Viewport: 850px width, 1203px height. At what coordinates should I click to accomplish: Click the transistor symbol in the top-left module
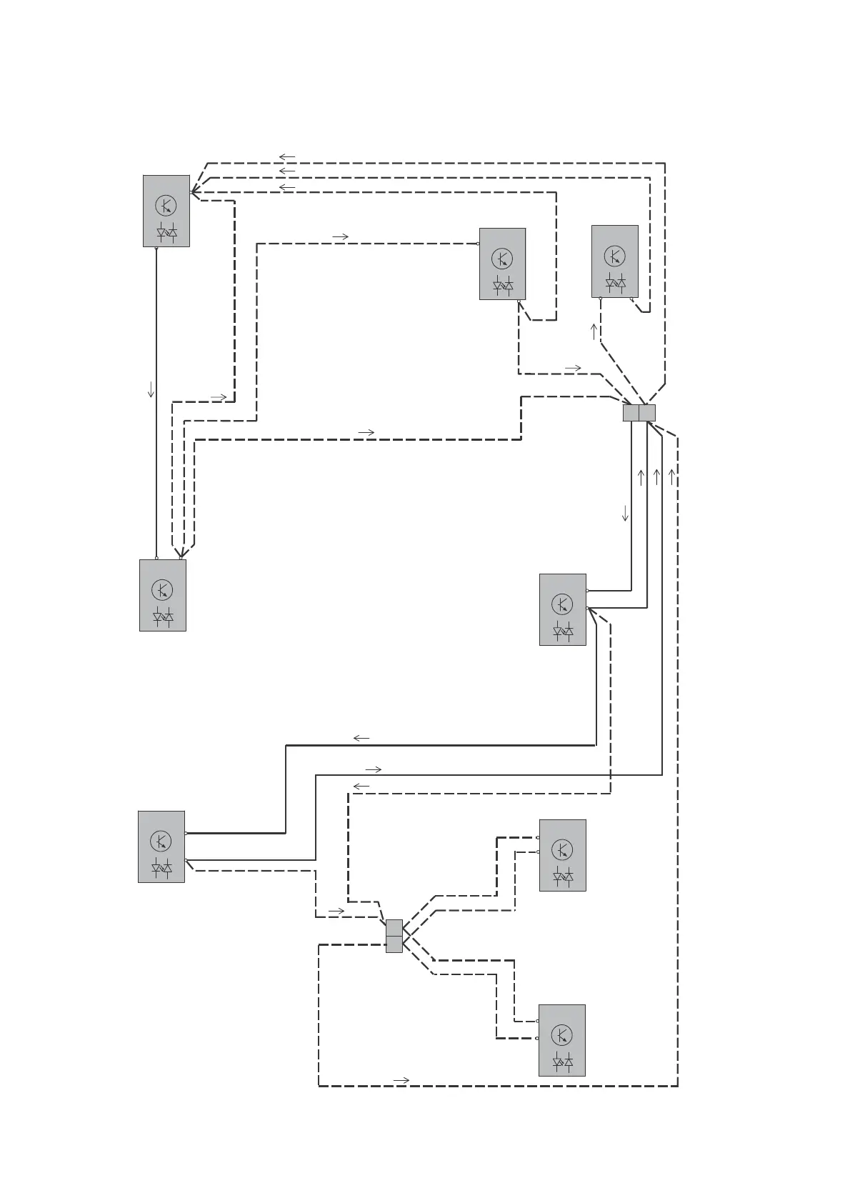166,206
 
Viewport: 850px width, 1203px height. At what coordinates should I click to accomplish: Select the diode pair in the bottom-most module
563,1062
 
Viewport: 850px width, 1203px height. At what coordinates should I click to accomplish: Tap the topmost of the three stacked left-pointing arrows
287,157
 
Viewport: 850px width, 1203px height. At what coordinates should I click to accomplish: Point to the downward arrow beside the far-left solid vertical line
151,389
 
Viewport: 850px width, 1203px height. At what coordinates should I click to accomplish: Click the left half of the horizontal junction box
631,413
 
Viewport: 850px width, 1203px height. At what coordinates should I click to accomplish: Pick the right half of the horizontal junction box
647,413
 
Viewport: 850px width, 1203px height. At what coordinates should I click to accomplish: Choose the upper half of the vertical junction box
394,928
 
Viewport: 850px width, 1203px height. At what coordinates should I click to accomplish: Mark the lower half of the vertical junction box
394,944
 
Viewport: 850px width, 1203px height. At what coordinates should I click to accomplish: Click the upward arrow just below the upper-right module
594,331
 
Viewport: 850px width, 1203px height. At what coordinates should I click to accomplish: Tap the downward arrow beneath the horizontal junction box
625,513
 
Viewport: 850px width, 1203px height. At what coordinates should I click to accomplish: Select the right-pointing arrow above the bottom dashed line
401,1080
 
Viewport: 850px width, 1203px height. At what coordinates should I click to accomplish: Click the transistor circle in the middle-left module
162,590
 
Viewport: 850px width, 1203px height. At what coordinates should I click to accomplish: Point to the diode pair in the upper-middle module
503,285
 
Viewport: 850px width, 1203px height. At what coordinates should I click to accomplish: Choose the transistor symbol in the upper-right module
614,256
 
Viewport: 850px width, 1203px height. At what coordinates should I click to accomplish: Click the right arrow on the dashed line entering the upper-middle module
341,236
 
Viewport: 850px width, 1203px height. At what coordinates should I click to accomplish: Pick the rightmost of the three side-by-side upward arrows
671,476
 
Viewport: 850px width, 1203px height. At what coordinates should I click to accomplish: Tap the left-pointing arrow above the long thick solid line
361,738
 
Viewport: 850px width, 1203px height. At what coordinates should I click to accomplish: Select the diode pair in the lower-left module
161,868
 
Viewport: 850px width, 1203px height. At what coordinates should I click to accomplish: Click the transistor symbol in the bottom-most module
562,1034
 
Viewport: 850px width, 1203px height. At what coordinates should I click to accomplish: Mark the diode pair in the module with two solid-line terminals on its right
563,631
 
